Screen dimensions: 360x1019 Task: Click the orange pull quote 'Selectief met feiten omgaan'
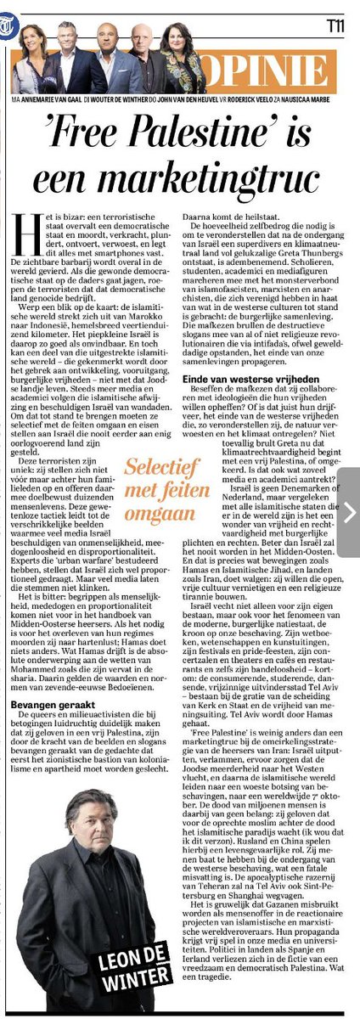point(157,490)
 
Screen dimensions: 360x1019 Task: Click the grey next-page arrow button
point(349,511)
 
